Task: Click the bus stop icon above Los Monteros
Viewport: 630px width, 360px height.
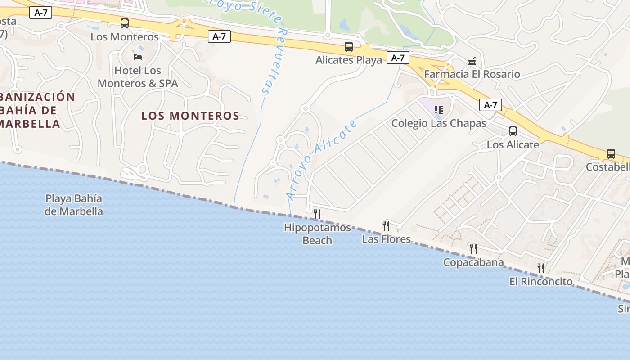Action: [x=125, y=23]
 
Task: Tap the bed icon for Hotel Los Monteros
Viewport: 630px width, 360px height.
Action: [x=138, y=57]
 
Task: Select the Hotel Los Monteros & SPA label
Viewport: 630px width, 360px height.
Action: [x=138, y=77]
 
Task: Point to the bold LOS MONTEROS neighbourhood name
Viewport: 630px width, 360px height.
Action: [x=190, y=116]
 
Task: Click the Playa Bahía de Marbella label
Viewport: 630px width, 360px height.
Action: [x=74, y=205]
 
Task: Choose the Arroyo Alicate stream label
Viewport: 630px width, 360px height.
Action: [x=321, y=159]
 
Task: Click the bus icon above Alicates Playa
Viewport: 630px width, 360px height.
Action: [x=349, y=46]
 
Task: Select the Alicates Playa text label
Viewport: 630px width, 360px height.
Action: [x=349, y=60]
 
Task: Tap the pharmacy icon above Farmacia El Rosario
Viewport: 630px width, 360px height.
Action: [x=472, y=61]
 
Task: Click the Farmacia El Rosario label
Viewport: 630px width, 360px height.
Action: [x=472, y=74]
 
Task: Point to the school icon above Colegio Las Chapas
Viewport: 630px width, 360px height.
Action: [x=439, y=109]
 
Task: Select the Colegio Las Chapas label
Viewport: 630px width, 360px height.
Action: [x=439, y=123]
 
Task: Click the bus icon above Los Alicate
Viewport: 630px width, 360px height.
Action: [x=513, y=131]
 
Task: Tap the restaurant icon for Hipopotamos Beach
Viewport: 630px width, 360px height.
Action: [x=317, y=214]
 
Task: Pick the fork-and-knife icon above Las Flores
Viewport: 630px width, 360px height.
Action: [x=386, y=225]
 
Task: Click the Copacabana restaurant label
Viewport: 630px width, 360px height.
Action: [x=473, y=262]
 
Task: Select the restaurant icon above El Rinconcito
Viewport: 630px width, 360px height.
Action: [x=541, y=268]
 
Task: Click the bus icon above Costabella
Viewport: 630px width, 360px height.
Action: [x=611, y=154]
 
